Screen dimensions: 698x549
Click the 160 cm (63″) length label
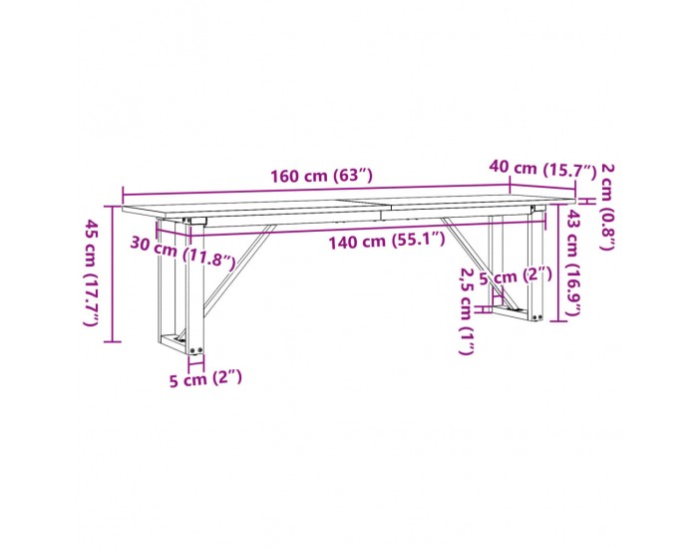click(321, 177)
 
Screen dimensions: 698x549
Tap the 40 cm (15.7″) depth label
click(542, 169)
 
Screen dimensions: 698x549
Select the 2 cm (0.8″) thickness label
click(608, 207)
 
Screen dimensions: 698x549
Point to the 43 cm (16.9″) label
click(572, 264)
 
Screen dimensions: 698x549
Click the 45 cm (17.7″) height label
click(92, 273)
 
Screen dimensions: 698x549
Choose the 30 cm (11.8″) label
click(182, 254)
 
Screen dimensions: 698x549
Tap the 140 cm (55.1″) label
click(387, 242)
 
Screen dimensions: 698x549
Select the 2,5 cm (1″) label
click(466, 310)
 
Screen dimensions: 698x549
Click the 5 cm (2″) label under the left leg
click(205, 379)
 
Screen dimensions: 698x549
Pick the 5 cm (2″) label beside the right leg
click(516, 276)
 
